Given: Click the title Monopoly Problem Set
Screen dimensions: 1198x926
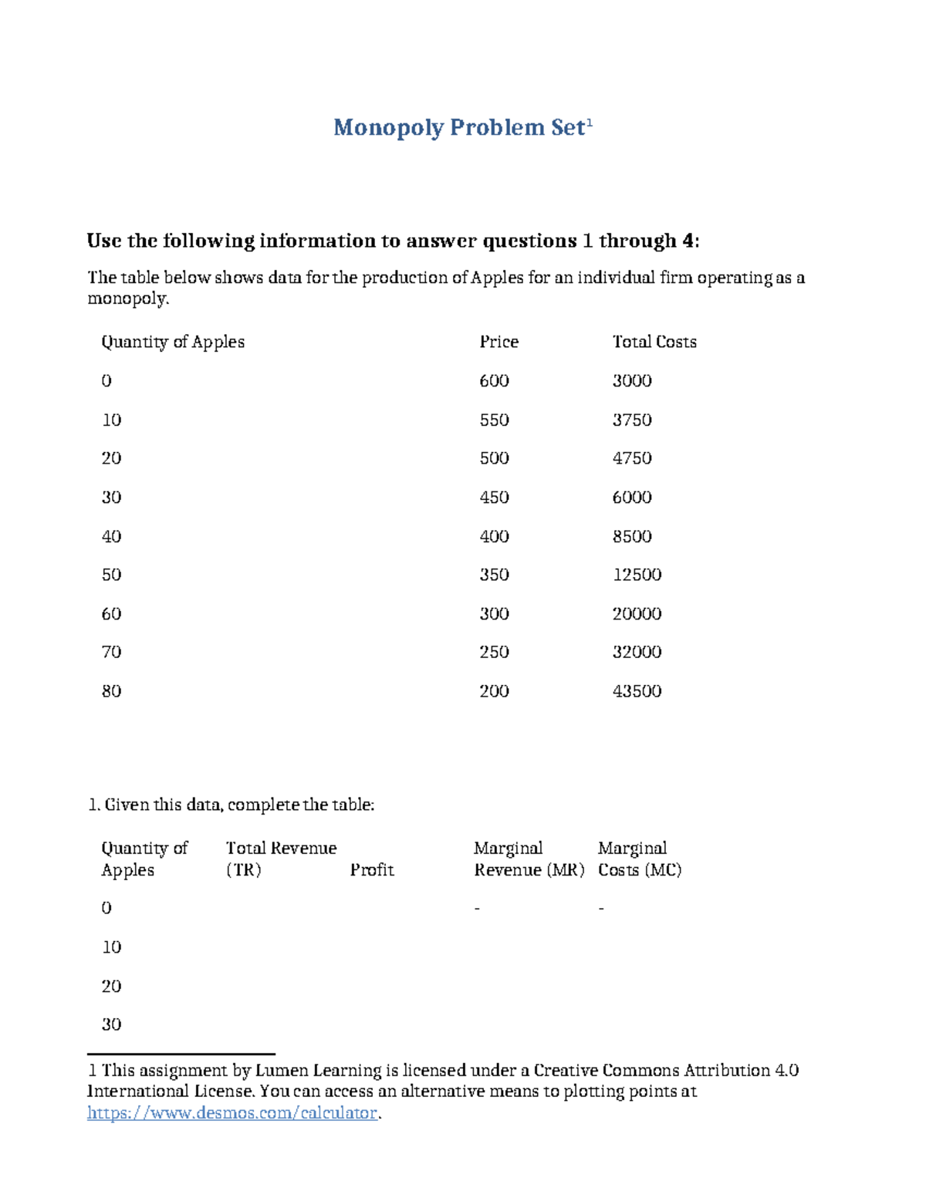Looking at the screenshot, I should pos(458,127).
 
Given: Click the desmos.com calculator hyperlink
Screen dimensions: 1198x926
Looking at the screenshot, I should pos(232,1112).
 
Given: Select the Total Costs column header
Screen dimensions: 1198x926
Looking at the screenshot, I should pos(654,342).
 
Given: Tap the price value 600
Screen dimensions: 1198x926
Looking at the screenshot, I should pos(494,380).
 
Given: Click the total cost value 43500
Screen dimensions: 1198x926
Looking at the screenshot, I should pos(637,691).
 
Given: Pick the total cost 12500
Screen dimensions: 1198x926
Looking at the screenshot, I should pos(637,575).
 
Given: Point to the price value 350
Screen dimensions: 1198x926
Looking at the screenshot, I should pos(494,575).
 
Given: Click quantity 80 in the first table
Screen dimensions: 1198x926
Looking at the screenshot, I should pos(111,691).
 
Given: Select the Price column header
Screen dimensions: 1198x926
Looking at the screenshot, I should pos(498,342).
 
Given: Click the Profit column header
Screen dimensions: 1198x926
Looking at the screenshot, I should pos(372,870).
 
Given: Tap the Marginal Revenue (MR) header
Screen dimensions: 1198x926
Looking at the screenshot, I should pos(529,859).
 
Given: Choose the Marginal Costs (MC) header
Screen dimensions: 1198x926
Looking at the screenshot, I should pos(639,859).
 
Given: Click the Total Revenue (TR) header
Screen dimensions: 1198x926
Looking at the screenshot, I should pos(281,859).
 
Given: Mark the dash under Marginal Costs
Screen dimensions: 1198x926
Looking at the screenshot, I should pos(601,909).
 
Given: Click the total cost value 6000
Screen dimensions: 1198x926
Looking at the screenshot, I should pos(631,498).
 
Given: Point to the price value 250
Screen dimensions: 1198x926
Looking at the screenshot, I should pos(494,652).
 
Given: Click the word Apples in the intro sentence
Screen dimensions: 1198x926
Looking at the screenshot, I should pos(498,278).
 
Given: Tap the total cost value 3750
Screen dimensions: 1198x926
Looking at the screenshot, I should pos(631,420).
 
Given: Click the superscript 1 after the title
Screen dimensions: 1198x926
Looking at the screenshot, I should pos(590,121).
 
